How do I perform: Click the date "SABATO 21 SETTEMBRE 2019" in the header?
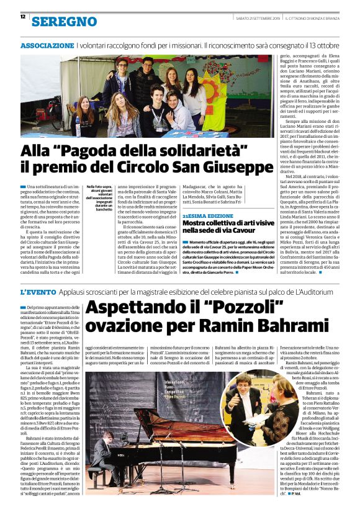(x=259, y=17)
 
